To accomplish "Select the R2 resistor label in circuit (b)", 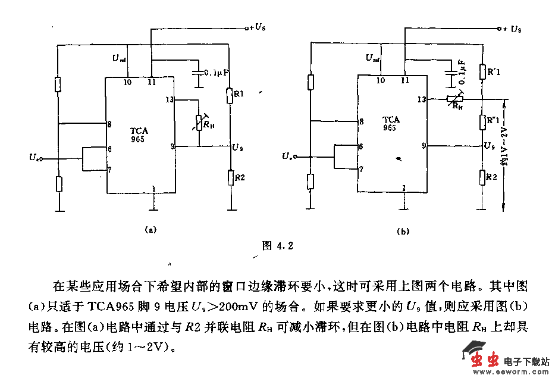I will click(x=491, y=177).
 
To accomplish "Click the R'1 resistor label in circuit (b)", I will click(x=493, y=72).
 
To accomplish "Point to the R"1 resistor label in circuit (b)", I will click(x=493, y=121).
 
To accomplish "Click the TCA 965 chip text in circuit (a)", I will click(x=139, y=135).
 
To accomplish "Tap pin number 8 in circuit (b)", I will click(x=361, y=122).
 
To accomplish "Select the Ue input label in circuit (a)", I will click(x=35, y=158).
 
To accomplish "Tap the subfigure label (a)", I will click(x=150, y=229).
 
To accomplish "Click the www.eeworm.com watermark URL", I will click(x=510, y=371).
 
